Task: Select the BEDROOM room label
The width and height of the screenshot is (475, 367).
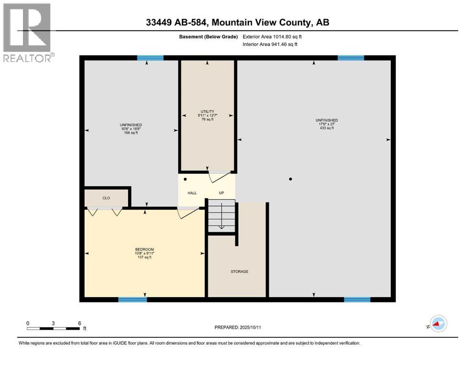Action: [144, 249]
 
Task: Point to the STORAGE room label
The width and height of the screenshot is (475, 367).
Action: [239, 271]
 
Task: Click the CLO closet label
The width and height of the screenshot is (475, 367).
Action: [106, 197]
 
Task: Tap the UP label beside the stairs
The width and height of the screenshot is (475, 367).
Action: [221, 193]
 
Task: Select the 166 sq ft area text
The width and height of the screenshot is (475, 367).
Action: [131, 132]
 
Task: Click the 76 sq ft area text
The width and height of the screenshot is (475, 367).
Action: [207, 119]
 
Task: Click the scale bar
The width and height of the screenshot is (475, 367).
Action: [54, 328]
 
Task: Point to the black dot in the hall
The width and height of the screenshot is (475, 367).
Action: [185, 179]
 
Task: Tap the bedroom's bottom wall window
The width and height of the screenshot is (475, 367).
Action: [133, 300]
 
